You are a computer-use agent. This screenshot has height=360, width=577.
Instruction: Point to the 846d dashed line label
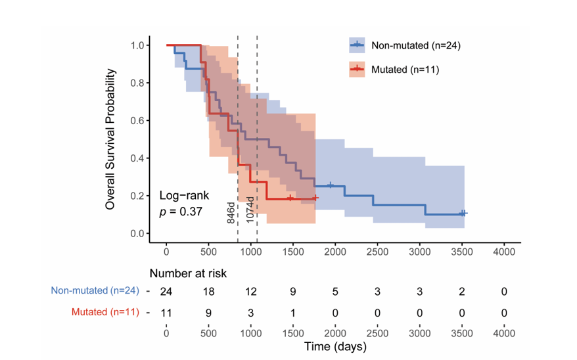click(231, 210)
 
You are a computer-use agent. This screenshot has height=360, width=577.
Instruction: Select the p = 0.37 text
click(181, 212)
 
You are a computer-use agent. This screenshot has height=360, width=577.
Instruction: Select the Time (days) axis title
click(335, 346)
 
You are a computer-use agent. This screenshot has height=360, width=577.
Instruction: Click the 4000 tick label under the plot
click(504, 251)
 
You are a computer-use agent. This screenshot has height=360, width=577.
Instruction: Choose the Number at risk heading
click(188, 273)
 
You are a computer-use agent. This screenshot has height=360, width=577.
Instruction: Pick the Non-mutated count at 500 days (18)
click(209, 292)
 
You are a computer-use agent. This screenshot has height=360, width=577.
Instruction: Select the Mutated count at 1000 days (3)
click(251, 312)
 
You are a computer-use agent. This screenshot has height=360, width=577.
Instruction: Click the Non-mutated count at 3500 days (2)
click(462, 292)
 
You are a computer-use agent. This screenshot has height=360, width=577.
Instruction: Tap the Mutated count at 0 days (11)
click(167, 312)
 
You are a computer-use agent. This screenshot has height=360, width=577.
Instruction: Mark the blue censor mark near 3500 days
click(463, 214)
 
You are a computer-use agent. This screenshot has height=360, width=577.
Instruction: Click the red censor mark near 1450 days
click(290, 198)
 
